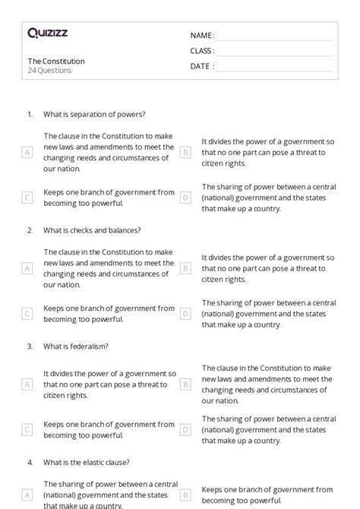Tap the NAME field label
(201, 36)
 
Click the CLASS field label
(202, 51)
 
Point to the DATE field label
(201, 66)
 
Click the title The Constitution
(56, 61)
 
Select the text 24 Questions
(49, 71)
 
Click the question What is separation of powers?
(94, 114)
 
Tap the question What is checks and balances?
(92, 230)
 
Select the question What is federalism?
(76, 346)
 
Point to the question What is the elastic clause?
(87, 461)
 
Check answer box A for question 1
(27, 152)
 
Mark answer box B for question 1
(185, 152)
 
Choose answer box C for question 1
(27, 198)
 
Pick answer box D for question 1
(185, 198)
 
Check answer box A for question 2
(27, 267)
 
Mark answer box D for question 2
(185, 314)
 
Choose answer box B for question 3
(185, 384)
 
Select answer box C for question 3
(27, 429)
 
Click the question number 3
(30, 346)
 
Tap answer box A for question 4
(27, 495)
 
